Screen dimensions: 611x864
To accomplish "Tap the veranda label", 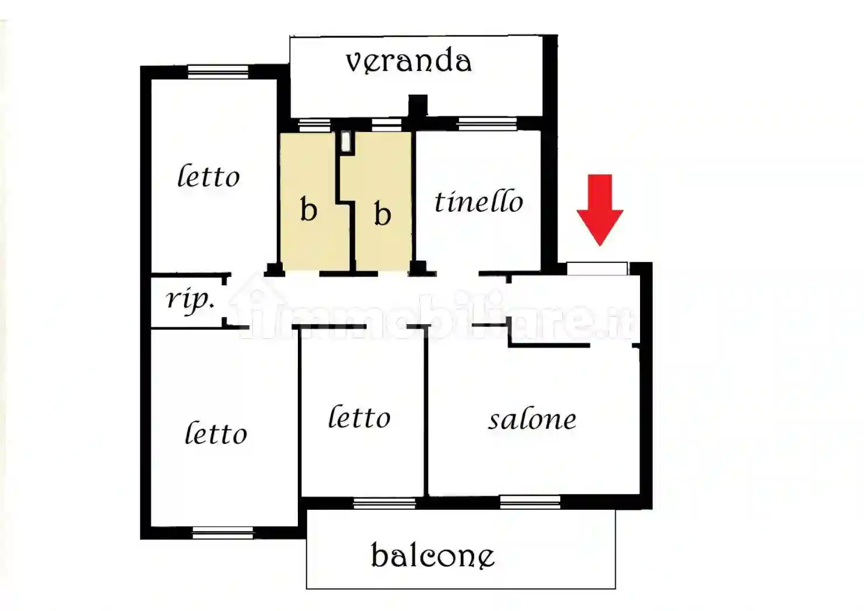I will click(x=408, y=62).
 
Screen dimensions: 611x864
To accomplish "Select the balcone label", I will click(x=432, y=556).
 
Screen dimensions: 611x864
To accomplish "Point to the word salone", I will click(x=532, y=420).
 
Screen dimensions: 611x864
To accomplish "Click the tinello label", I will click(x=479, y=202).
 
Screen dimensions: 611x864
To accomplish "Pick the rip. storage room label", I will click(x=190, y=300).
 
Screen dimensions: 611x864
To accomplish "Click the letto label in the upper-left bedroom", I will click(x=208, y=176).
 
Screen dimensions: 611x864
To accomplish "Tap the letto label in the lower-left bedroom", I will click(x=216, y=434).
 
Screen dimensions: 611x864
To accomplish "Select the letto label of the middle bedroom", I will click(x=359, y=417).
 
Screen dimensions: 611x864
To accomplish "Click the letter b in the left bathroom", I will click(x=308, y=209).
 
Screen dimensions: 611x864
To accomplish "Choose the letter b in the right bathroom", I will click(x=382, y=214).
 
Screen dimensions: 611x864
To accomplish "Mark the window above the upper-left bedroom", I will click(x=218, y=72).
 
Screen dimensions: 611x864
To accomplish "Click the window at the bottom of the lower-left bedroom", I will click(x=223, y=532).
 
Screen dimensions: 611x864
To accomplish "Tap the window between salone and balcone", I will click(x=530, y=502).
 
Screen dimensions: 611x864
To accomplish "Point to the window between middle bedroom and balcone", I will click(x=385, y=503).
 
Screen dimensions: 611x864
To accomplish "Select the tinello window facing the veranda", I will click(x=487, y=123).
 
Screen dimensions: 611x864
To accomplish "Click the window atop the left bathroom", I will click(x=314, y=125).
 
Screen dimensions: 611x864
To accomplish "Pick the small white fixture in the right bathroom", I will click(x=346, y=142).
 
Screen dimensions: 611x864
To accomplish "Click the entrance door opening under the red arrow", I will click(x=597, y=268).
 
